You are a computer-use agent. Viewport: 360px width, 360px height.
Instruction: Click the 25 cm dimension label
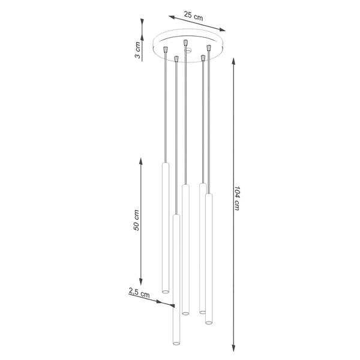click(x=193, y=16)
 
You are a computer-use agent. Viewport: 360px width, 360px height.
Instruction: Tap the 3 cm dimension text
click(x=139, y=51)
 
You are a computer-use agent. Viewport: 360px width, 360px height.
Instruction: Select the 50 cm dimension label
click(x=137, y=220)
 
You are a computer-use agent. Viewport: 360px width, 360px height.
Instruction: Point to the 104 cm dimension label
click(x=238, y=198)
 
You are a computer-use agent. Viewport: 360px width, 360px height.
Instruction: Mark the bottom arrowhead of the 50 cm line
click(x=142, y=283)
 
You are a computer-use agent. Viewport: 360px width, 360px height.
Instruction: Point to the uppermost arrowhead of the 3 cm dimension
click(x=142, y=21)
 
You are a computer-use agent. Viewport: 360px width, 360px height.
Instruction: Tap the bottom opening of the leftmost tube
click(x=165, y=292)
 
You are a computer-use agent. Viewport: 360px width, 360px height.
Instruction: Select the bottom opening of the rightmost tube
click(x=209, y=323)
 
